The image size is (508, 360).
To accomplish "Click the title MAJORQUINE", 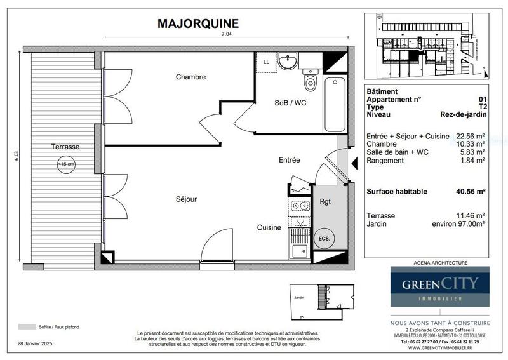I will [197, 23].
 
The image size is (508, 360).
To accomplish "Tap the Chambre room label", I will [190, 77].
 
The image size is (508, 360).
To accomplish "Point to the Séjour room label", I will [186, 199].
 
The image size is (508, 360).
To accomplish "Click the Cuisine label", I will [269, 227].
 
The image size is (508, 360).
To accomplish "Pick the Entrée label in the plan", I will [288, 160].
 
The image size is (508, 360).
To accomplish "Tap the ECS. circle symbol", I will [323, 239].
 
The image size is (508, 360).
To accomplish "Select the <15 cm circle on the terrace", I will [65, 164].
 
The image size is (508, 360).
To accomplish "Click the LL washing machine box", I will [266, 62].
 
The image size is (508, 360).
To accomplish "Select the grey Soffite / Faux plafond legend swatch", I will [27, 326].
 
